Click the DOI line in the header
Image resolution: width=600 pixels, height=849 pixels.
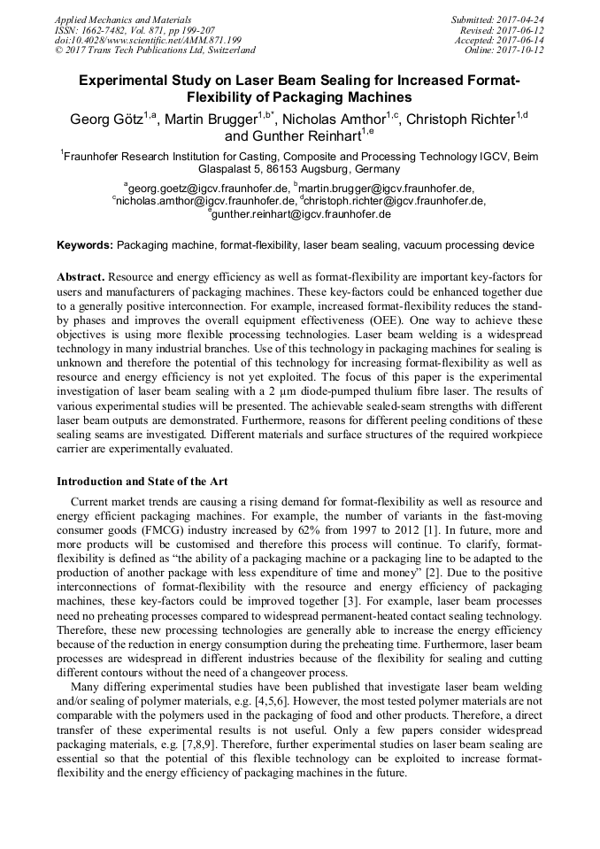[x=148, y=40]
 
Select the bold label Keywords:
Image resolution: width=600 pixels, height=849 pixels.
[x=86, y=244]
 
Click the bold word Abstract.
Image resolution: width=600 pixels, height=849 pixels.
[x=81, y=276]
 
